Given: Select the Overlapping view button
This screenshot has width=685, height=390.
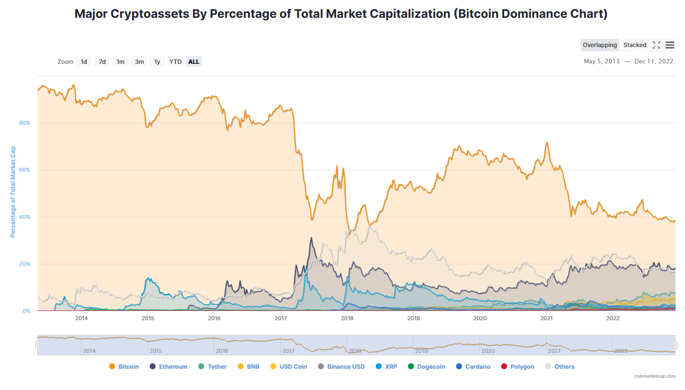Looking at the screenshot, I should [x=600, y=45].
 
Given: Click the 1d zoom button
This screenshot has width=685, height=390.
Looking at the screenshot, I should [x=84, y=62].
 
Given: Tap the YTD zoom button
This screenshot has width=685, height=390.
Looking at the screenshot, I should [x=175, y=62].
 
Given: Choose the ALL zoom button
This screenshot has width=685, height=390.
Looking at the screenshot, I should [x=194, y=62].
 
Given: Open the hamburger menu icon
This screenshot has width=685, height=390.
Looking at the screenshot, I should [x=670, y=45].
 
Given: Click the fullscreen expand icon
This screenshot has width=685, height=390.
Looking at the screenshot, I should [x=656, y=45].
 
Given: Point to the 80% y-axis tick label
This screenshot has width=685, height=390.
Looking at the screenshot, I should [x=25, y=123].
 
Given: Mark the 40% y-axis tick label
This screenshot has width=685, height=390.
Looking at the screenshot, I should [x=25, y=217].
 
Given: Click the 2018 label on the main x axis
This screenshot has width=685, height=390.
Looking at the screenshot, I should [x=347, y=318].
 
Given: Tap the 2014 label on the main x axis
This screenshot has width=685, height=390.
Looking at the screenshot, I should [x=81, y=318].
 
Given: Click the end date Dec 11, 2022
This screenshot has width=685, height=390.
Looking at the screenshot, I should [x=654, y=61].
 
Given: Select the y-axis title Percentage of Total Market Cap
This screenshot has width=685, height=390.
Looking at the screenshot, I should [x=13, y=192].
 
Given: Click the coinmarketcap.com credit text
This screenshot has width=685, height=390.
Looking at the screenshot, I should [x=655, y=376].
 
